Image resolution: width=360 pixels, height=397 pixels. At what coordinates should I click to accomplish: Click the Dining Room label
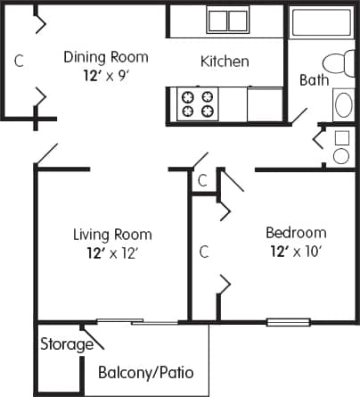(x=105, y=57)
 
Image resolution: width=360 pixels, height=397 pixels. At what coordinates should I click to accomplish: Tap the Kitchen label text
(x=224, y=62)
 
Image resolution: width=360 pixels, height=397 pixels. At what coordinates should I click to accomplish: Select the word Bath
(x=314, y=79)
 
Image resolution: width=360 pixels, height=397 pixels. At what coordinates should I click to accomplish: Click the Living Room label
(x=112, y=235)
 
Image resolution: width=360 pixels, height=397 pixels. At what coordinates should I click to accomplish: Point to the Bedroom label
(x=296, y=233)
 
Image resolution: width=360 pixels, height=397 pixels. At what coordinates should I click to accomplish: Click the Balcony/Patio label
(x=146, y=372)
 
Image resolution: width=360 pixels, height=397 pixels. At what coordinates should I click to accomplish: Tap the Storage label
(x=66, y=344)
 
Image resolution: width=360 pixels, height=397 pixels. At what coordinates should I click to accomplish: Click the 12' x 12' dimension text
(x=112, y=252)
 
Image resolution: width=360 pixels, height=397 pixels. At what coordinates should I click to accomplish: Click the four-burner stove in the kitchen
(x=198, y=103)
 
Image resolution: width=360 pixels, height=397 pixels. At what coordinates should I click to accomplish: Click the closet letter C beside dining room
(x=18, y=62)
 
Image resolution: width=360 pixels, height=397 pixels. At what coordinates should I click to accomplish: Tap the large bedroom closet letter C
(x=203, y=252)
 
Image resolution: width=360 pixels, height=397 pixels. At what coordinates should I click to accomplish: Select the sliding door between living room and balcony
(x=135, y=321)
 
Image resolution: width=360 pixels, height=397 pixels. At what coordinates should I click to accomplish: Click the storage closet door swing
(x=93, y=337)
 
